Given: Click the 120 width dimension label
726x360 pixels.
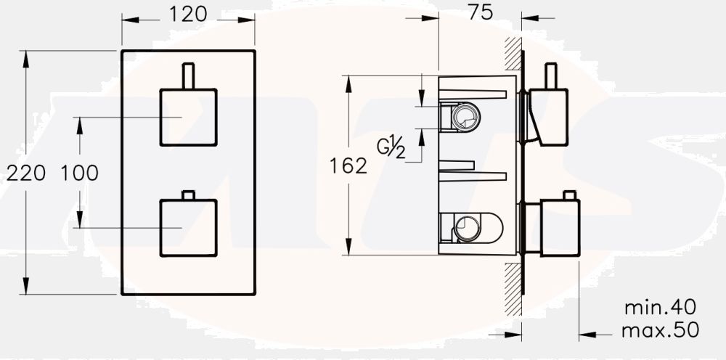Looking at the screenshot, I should (188, 14).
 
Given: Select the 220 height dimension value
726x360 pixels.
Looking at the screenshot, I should (25, 173).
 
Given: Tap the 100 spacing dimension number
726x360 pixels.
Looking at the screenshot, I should (79, 173).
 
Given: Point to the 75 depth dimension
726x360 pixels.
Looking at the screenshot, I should (480, 12).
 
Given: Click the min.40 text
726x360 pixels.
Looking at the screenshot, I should (661, 307).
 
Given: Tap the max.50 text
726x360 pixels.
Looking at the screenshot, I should (661, 330).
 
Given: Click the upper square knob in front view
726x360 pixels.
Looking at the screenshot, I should (188, 118).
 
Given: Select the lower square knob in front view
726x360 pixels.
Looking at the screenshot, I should (188, 227).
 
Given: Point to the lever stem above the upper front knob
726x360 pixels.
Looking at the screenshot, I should (189, 76).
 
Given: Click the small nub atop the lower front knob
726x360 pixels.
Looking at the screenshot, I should (189, 195).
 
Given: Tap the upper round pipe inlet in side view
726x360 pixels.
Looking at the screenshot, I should (463, 116).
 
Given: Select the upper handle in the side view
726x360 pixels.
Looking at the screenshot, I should (550, 112).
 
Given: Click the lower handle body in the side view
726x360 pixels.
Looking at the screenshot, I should (559, 227).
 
